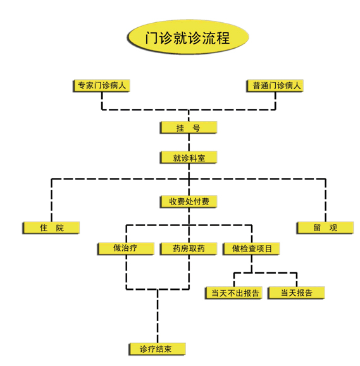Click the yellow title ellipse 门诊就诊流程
point(188,37)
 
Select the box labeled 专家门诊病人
point(101,85)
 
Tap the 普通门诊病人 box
point(275,85)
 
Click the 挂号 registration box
point(189,127)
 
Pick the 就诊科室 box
point(189,158)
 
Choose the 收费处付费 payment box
point(189,201)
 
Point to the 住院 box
point(51,227)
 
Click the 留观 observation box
point(325,227)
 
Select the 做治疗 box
point(126,249)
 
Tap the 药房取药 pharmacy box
point(189,249)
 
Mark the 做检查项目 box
point(251,249)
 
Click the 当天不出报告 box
point(234,293)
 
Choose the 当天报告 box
point(296,293)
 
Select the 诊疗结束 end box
point(157,349)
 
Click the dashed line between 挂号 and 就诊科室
point(189,142)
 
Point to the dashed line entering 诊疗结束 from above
point(158,316)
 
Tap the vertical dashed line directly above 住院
point(51,200)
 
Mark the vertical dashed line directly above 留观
point(325,200)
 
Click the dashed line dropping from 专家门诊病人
point(102,101)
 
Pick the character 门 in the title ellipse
point(152,37)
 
